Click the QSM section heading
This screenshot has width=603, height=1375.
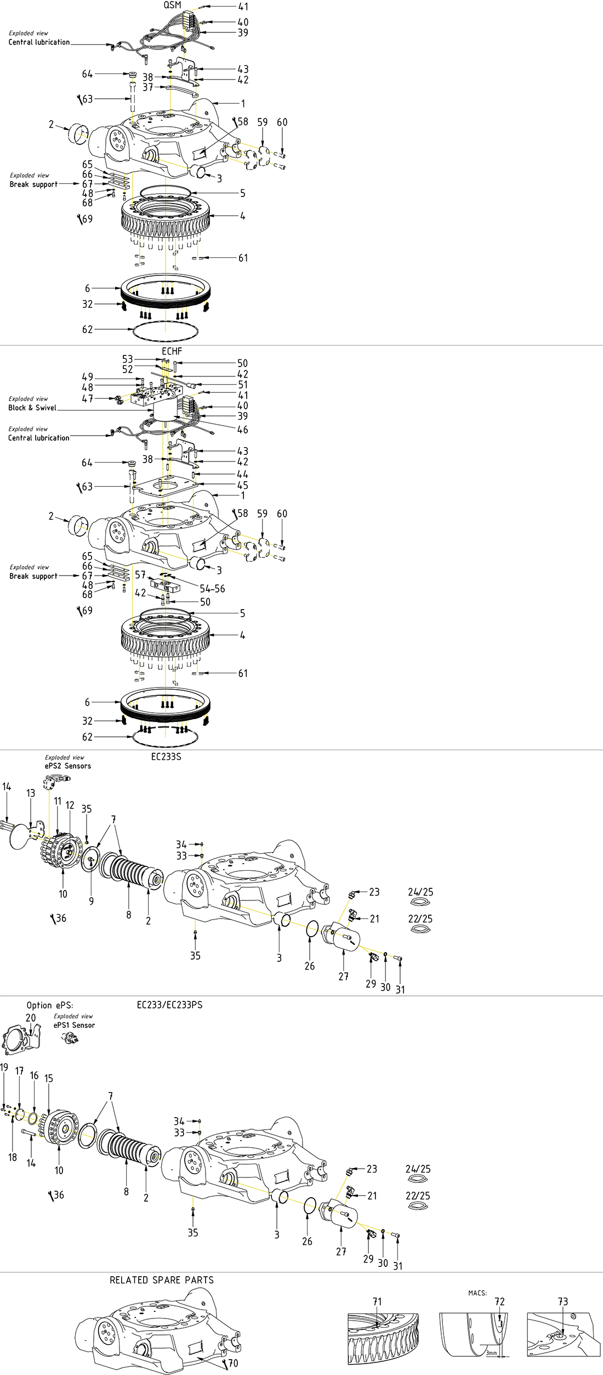click(172, 5)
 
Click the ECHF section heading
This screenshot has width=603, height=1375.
click(172, 351)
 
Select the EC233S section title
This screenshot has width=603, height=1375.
click(166, 757)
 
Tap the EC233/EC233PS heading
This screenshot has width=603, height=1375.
click(169, 1005)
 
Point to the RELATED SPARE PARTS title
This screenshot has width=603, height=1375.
click(162, 1280)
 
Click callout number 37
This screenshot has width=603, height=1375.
click(148, 87)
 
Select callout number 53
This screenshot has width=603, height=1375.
click(128, 359)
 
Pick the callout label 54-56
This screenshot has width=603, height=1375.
click(212, 589)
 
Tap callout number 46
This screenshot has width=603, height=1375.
click(242, 430)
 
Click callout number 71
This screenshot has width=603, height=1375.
click(377, 1301)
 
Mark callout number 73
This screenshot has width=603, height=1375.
click(563, 1301)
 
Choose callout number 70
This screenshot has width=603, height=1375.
click(233, 1363)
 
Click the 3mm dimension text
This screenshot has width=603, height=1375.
click(491, 1353)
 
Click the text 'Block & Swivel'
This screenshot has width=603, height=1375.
click(32, 408)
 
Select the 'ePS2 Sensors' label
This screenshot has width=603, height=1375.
click(68, 766)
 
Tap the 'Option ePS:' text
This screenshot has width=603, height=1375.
click(49, 1005)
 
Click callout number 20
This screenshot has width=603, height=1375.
click(31, 1018)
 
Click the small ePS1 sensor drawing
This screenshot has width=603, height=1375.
click(70, 1038)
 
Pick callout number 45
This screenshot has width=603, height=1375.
click(242, 486)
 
